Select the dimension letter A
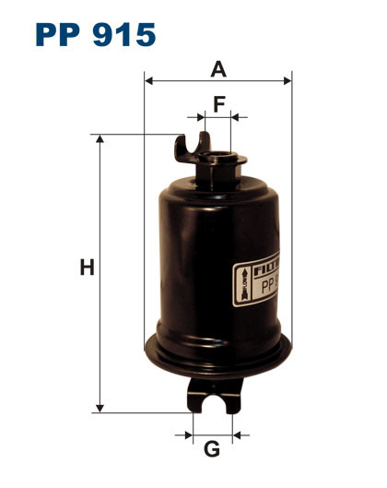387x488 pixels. (217, 68)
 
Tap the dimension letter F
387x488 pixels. (218, 103)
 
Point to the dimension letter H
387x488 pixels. (87, 268)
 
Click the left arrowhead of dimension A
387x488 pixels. (149, 81)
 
